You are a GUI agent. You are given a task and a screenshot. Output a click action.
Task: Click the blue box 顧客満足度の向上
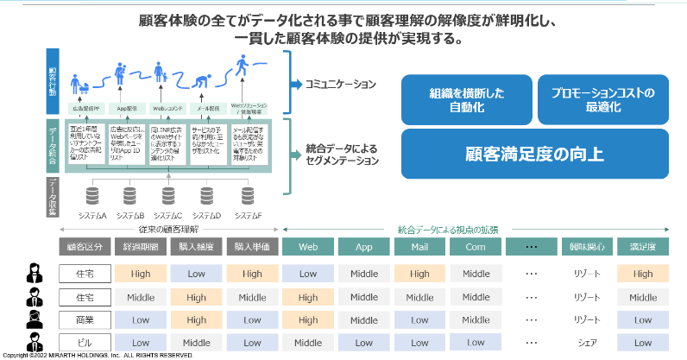click(x=534, y=154)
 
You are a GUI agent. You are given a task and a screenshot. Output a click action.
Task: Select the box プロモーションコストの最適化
click(x=602, y=100)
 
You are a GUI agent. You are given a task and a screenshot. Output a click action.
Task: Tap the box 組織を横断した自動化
click(x=466, y=100)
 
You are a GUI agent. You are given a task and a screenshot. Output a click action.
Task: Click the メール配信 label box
click(x=207, y=109)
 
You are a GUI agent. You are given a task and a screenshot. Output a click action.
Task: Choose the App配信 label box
click(x=128, y=109)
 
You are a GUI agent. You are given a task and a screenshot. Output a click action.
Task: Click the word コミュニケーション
click(x=340, y=85)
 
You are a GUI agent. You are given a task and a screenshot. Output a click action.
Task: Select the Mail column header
click(x=420, y=247)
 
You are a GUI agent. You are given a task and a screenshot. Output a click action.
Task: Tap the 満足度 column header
click(x=643, y=247)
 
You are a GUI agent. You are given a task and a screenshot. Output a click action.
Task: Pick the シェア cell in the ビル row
click(x=588, y=342)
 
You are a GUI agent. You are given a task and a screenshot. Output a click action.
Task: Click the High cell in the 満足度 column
click(x=643, y=275)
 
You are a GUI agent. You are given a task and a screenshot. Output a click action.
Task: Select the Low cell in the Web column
click(x=308, y=275)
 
